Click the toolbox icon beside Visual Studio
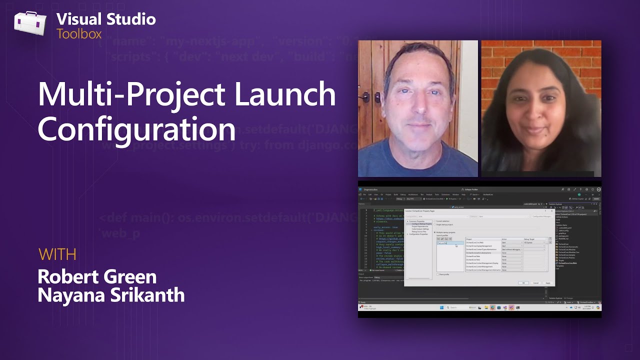pos(30,24)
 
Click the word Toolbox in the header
pos(79,34)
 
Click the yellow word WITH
pos(57,254)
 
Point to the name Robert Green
pos(97,276)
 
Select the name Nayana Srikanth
pos(111,295)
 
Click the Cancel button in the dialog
pos(535,283)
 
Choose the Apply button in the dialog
pos(547,283)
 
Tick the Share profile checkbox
pos(438,274)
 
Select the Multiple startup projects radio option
pos(434,232)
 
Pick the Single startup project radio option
pos(434,224)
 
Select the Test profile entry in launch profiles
pos(442,243)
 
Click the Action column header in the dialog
pos(504,239)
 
